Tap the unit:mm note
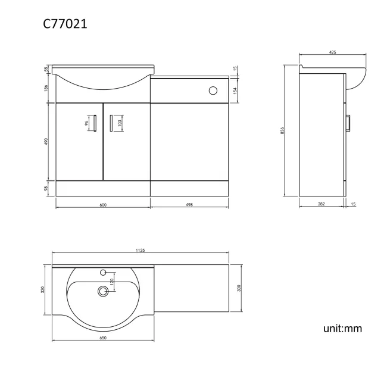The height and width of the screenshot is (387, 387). [x=342, y=328]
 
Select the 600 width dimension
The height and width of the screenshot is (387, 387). [x=102, y=204]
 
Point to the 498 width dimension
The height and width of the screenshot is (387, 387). [x=189, y=204]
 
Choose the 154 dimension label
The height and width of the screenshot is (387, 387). [x=236, y=90]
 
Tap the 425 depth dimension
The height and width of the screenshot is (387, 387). [x=332, y=53]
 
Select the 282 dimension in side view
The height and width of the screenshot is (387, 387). [x=322, y=204]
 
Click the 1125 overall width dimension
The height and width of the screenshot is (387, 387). [x=141, y=251]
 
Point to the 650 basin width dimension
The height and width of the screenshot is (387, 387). [x=102, y=338]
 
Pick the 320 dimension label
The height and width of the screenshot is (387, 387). [x=43, y=290]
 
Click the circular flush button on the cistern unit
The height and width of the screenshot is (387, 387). [x=213, y=90]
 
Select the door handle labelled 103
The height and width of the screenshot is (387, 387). [x=111, y=123]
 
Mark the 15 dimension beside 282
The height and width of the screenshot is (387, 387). [x=353, y=204]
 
